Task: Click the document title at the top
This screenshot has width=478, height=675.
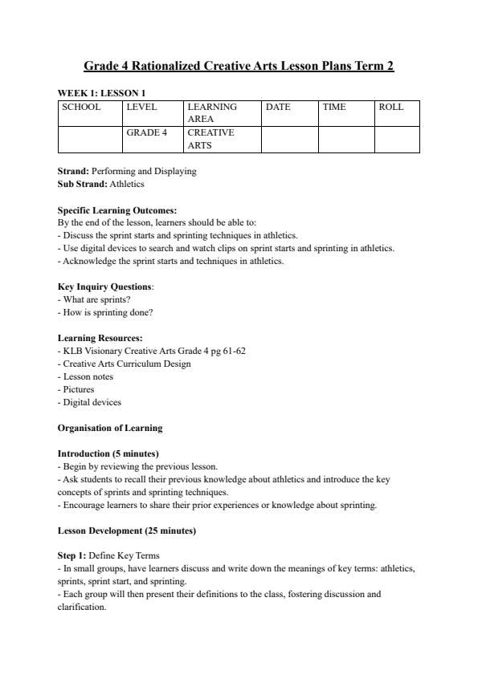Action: (x=239, y=66)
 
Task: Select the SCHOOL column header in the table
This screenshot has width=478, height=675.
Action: (x=80, y=107)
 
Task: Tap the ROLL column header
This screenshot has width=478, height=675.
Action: (x=390, y=107)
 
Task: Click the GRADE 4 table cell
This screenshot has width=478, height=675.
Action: (x=146, y=132)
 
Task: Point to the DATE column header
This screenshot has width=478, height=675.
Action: (x=277, y=107)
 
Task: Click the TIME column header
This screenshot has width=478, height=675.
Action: (x=334, y=107)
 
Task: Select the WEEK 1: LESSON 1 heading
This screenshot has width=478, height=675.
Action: (x=101, y=93)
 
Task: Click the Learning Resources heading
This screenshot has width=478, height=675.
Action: (x=100, y=338)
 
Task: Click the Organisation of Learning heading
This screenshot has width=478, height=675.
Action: (x=110, y=428)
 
